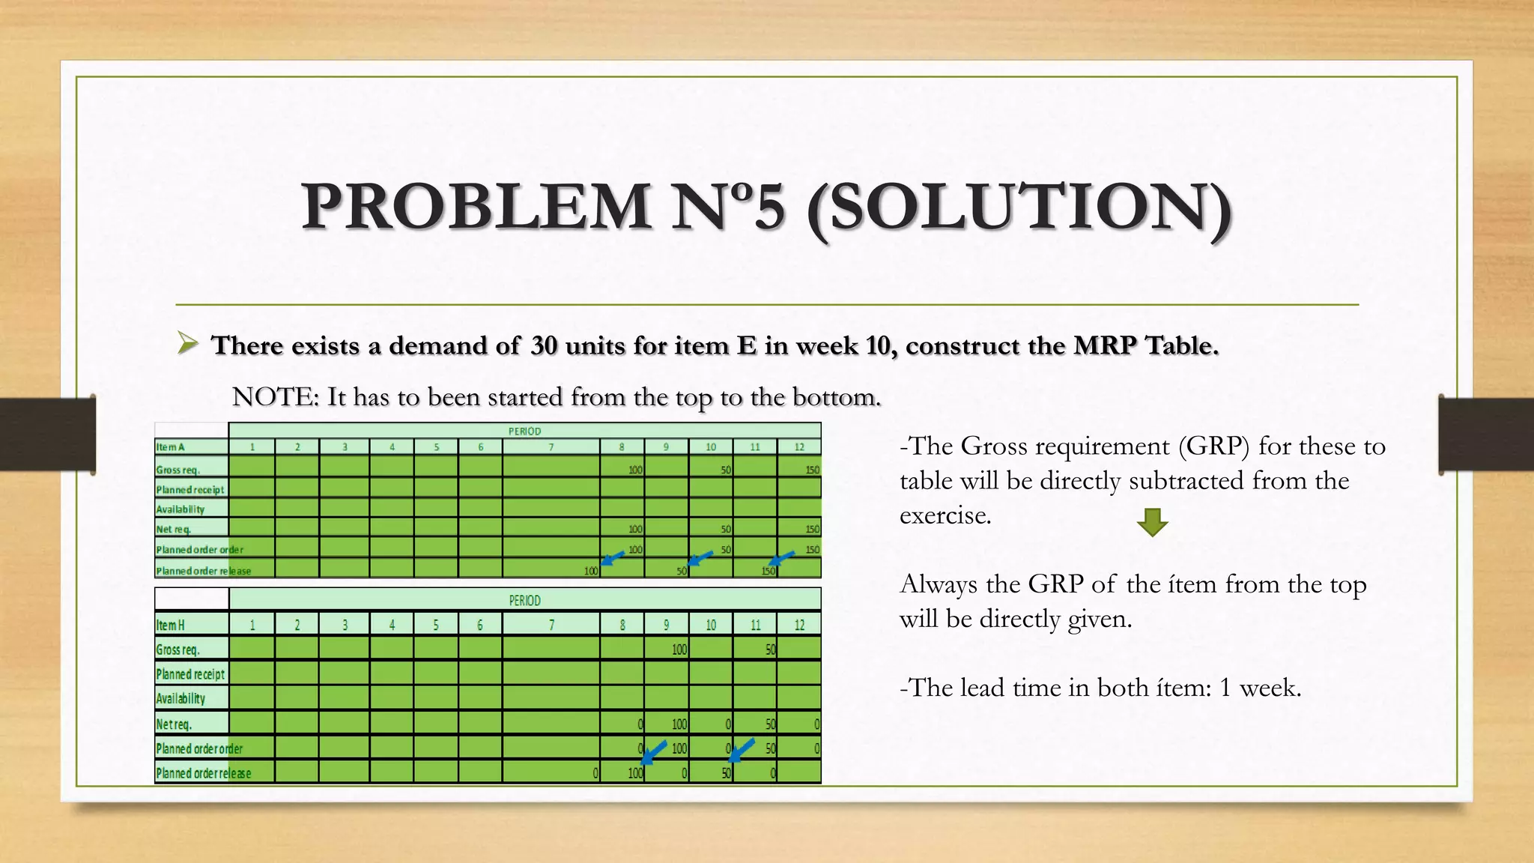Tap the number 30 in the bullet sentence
544,345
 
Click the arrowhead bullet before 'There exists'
188,344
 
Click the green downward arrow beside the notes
1152,522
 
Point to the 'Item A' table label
171,447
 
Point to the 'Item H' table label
171,625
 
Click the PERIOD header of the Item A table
524,431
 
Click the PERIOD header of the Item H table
524,600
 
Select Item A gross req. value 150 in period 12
812,470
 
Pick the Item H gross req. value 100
679,649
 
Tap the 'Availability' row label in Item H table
181,699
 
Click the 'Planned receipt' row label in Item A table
190,490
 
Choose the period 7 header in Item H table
551,625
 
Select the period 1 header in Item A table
252,447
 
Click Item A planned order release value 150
768,571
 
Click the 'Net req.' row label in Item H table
174,724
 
